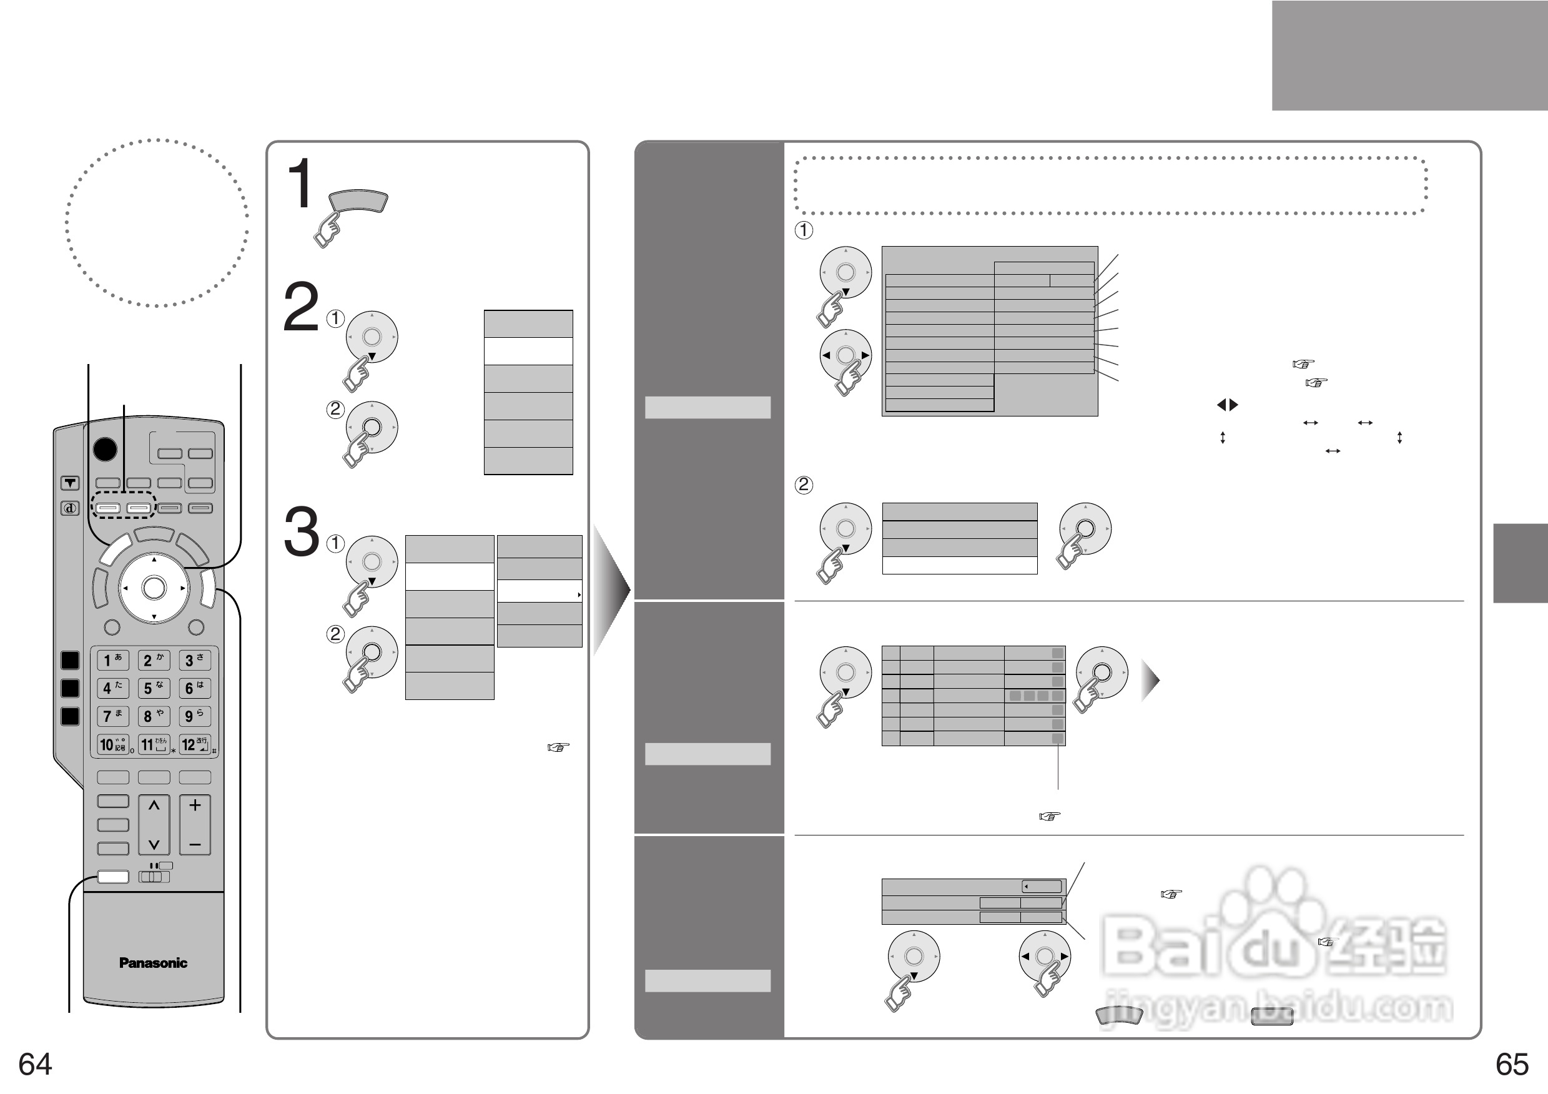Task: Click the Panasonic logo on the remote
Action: click(x=153, y=963)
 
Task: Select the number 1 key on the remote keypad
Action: click(x=112, y=660)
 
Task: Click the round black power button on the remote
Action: click(x=104, y=449)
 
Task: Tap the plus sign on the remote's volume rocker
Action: click(x=195, y=805)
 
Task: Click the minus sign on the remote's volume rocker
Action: click(x=195, y=845)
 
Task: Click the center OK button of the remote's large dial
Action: click(x=154, y=588)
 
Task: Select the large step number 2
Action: click(x=300, y=307)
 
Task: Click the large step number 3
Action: click(x=301, y=532)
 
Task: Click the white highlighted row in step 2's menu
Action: click(x=528, y=351)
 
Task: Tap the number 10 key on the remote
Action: click(x=112, y=744)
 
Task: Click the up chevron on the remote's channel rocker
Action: click(x=154, y=806)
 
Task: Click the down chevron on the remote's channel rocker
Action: click(x=154, y=844)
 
